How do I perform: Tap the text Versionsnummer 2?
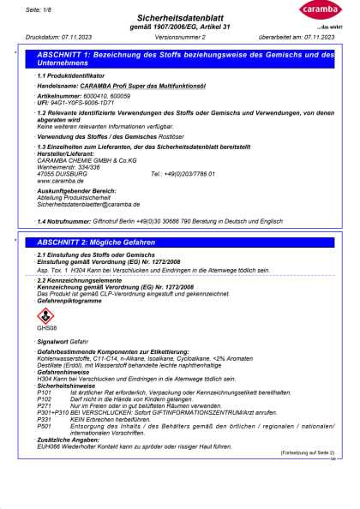pos(181,38)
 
